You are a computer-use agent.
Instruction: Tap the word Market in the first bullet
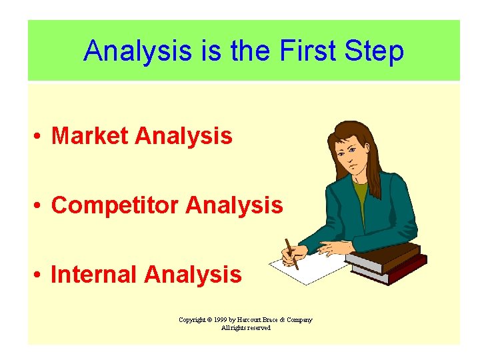click(89, 136)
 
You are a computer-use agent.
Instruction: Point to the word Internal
click(94, 274)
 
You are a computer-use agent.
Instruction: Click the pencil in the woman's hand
click(291, 253)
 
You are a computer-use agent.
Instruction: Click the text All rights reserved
click(245, 328)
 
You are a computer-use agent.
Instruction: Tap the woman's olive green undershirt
click(361, 197)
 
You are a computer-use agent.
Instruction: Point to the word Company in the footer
click(298, 320)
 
